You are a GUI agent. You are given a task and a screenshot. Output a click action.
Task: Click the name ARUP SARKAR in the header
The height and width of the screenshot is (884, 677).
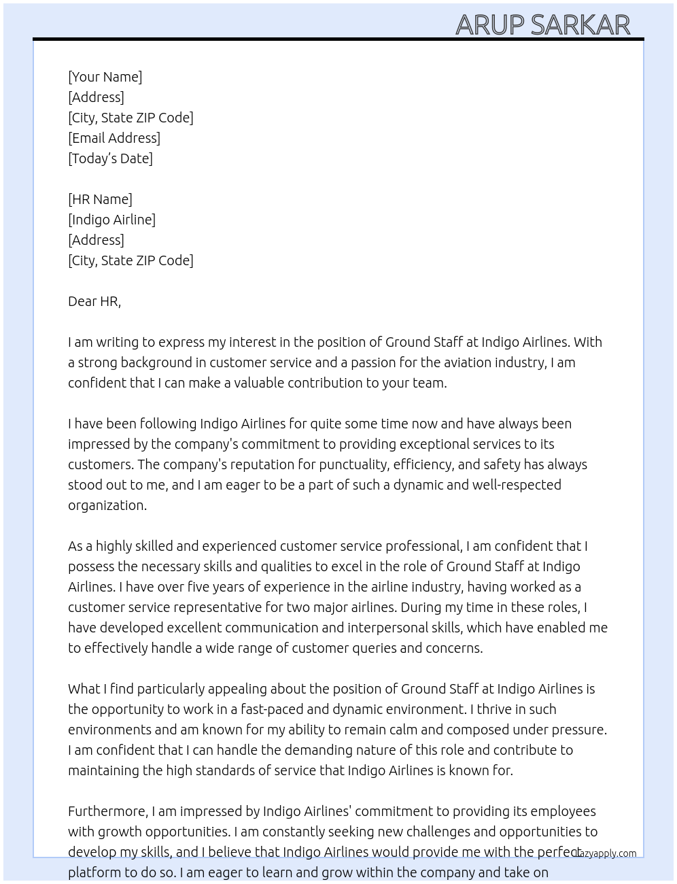[542, 24]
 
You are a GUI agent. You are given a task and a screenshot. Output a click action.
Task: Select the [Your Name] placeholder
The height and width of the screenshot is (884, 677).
[105, 77]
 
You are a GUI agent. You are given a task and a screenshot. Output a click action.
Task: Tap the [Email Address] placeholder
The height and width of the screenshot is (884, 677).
[114, 138]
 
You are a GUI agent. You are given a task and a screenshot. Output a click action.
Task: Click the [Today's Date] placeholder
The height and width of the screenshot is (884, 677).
[110, 158]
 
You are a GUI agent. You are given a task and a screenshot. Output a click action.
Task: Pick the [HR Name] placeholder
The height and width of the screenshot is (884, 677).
[100, 199]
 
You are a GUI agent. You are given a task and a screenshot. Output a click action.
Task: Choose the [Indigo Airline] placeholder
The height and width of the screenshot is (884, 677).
[111, 220]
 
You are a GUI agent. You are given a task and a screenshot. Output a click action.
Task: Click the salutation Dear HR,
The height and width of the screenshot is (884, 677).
[94, 301]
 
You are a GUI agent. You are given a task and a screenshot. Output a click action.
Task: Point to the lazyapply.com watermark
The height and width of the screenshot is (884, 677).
[606, 853]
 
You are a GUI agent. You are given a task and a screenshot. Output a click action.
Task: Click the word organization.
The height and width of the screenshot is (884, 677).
[107, 505]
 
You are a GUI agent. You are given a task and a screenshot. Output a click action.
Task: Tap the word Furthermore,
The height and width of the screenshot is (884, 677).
[108, 811]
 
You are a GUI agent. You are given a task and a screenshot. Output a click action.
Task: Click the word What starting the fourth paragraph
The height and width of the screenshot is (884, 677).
[83, 689]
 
